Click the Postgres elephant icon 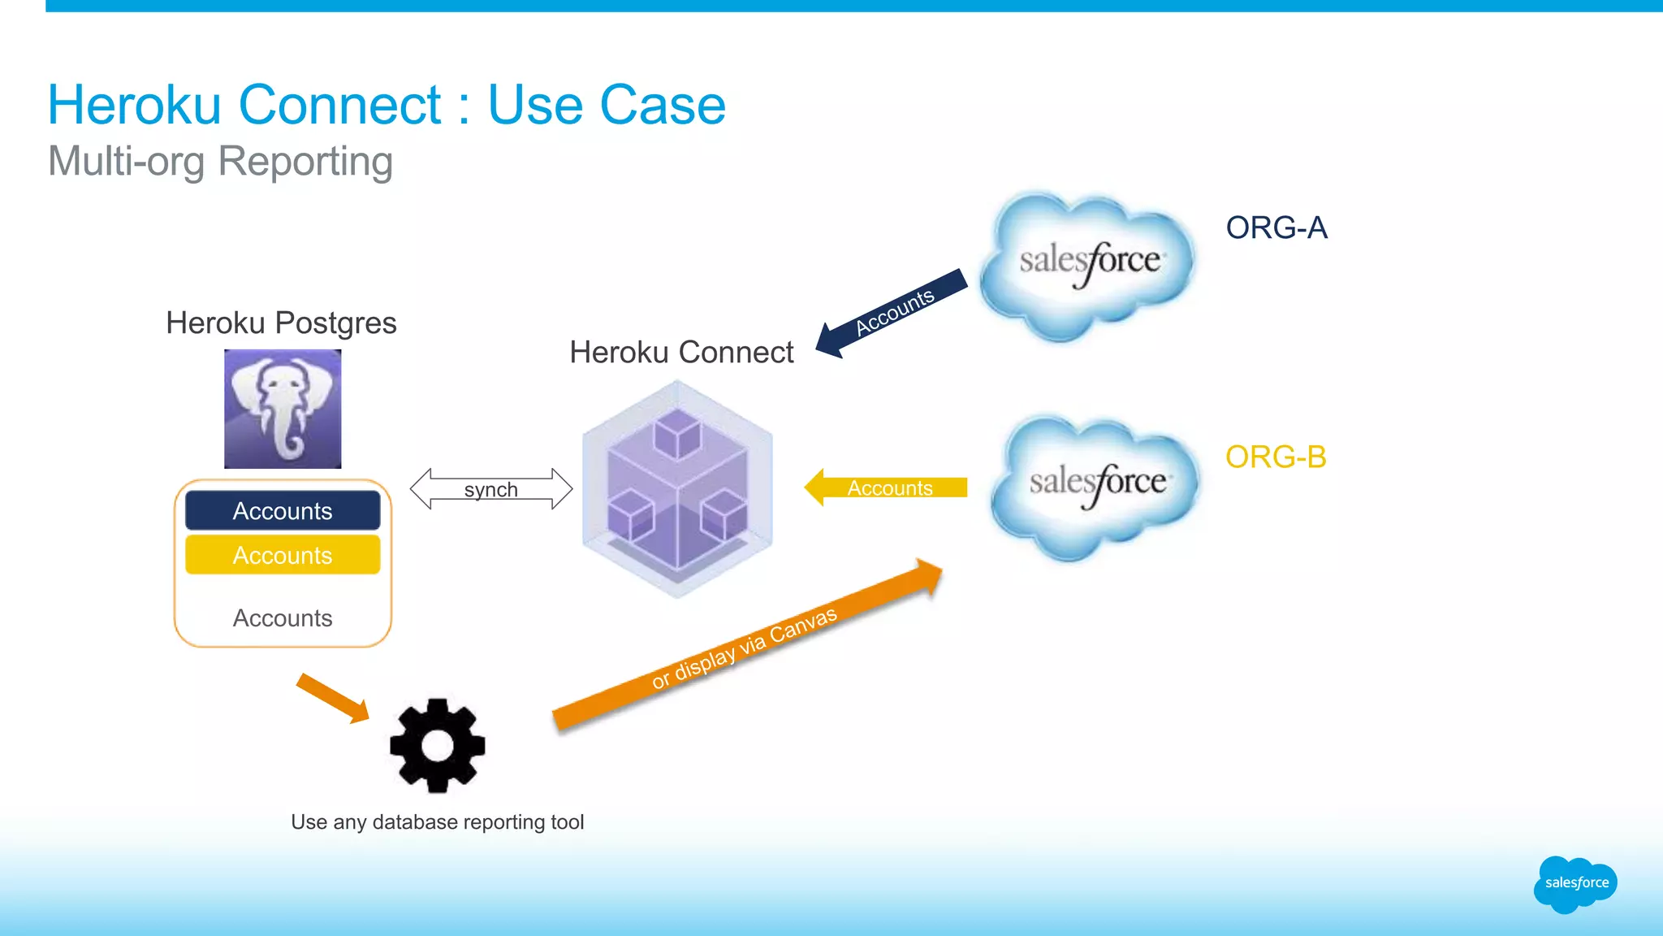[x=283, y=409]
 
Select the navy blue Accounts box [x=283, y=510]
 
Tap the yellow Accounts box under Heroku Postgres [x=283, y=555]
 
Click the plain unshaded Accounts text [x=283, y=618]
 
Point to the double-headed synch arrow [x=491, y=489]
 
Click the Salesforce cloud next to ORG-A [x=1088, y=264]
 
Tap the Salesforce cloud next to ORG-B [x=1096, y=486]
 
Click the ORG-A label [x=1276, y=228]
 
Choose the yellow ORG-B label [x=1276, y=457]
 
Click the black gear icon [x=438, y=745]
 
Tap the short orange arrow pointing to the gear [x=332, y=697]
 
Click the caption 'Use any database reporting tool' [x=438, y=822]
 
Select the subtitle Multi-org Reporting [x=221, y=161]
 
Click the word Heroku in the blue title [x=135, y=105]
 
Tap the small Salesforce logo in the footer [x=1575, y=883]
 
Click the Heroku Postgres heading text [x=281, y=323]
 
